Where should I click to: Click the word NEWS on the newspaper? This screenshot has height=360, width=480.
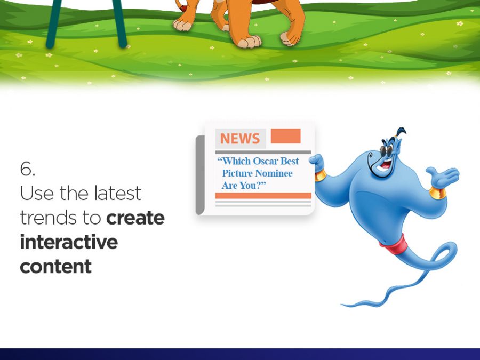point(239,138)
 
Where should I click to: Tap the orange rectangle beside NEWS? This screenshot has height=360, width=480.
point(286,136)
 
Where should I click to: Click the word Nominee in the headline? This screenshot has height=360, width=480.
point(274,173)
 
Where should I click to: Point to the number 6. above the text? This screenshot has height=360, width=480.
point(28,169)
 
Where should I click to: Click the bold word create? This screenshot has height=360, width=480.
point(135,218)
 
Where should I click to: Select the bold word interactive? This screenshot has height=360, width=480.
point(69,242)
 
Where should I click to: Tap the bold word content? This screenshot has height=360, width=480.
point(55,266)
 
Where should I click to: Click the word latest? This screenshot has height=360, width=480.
point(117,193)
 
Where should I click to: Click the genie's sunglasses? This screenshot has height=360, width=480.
point(387,150)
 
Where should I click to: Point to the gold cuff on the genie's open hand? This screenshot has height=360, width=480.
point(437,193)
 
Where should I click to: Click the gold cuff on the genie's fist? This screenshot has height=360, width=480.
point(320,175)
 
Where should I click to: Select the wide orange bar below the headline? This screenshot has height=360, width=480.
point(263,196)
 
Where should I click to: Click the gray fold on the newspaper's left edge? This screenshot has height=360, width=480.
point(200,175)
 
